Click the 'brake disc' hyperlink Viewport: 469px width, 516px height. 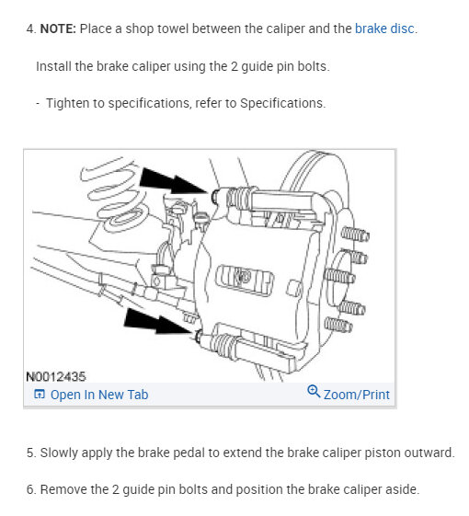tap(384, 29)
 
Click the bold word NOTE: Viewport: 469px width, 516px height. tap(58, 29)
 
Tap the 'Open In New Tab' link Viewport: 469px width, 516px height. tap(99, 395)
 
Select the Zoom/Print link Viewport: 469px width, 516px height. tap(357, 395)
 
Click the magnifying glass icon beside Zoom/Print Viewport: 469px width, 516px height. tap(314, 391)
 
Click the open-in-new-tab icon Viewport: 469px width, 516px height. tap(40, 394)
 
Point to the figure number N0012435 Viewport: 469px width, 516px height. tap(55, 377)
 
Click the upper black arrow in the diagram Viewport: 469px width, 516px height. tap(173, 181)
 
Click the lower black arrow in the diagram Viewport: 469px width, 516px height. tap(158, 322)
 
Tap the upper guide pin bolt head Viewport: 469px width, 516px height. tap(215, 196)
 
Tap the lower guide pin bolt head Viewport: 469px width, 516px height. tap(199, 337)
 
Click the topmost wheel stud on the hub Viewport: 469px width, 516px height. tap(355, 234)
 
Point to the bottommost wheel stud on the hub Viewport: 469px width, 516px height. tap(338, 325)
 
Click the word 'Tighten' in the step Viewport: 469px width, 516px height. tap(67, 103)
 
